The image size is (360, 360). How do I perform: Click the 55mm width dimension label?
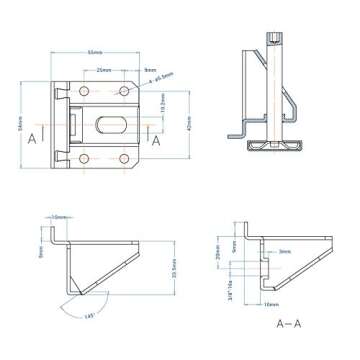pos(95,51)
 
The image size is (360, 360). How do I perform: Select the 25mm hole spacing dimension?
pos(104,71)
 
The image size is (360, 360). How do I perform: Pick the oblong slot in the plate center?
pos(109,125)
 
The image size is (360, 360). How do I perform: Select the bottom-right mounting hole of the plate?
pos(124,158)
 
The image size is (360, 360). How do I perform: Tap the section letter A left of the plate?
pos(34,138)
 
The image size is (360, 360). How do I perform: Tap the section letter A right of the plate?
pos(157,139)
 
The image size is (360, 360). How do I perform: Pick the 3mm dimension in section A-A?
pos(284,252)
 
